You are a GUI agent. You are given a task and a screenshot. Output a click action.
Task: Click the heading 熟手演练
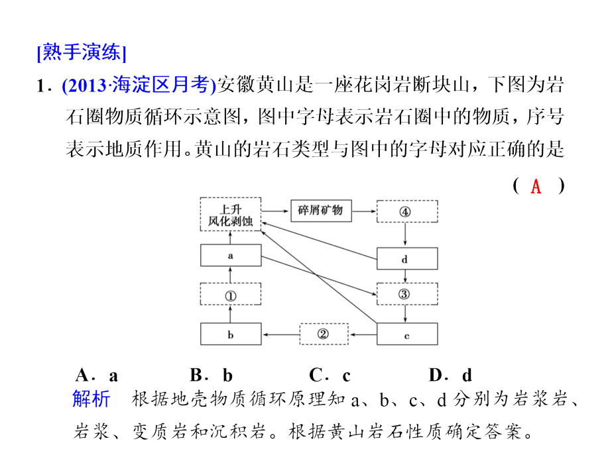(82, 52)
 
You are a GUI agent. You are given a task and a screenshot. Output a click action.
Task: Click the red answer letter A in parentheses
(536, 186)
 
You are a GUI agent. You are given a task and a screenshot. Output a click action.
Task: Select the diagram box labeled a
(230, 256)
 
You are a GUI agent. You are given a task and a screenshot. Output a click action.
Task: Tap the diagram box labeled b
(230, 334)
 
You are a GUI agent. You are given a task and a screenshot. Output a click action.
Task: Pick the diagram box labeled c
(407, 334)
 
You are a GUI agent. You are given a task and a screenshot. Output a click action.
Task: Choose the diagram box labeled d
(407, 258)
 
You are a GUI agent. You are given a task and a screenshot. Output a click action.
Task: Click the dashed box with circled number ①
(230, 295)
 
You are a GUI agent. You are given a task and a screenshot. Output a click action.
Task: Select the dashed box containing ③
(407, 294)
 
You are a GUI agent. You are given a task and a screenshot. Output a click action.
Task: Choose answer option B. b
(212, 376)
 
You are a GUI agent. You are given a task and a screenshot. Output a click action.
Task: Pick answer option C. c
(330, 376)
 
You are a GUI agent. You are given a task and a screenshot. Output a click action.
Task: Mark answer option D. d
(450, 376)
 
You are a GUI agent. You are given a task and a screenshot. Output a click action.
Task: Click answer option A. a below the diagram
(97, 376)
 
